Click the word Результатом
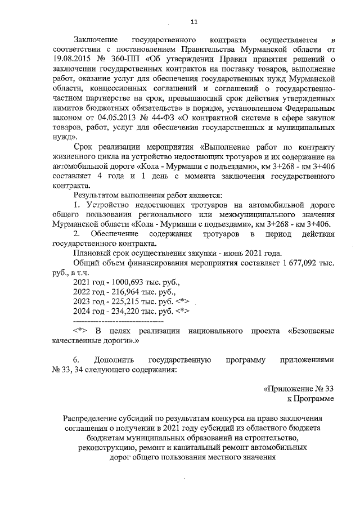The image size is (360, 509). point(97,194)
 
